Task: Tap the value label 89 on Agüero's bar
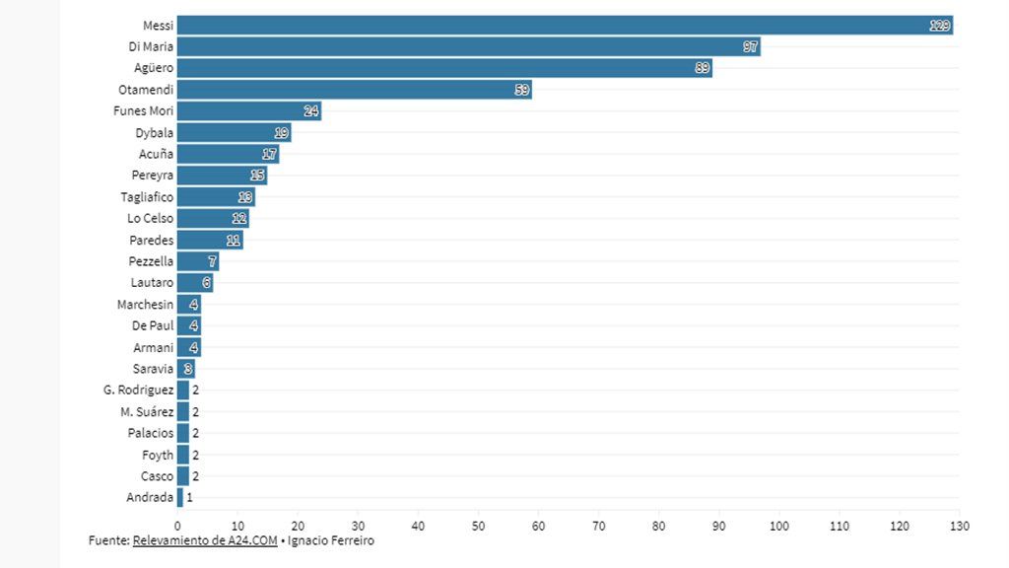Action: pyautogui.click(x=702, y=68)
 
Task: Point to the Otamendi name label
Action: pyautogui.click(x=146, y=90)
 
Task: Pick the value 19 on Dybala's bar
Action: pyautogui.click(x=282, y=133)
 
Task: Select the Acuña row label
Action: pyautogui.click(x=156, y=155)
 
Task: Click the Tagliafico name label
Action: pyautogui.click(x=147, y=197)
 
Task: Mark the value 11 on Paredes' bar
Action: pyautogui.click(x=234, y=241)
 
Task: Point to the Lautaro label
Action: pyautogui.click(x=152, y=283)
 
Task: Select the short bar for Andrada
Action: pyautogui.click(x=180, y=498)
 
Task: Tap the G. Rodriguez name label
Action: pyautogui.click(x=138, y=390)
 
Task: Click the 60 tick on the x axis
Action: pyautogui.click(x=538, y=527)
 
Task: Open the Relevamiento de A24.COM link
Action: pyautogui.click(x=204, y=540)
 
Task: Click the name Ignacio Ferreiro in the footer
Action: pyautogui.click(x=330, y=540)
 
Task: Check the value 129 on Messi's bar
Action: pyautogui.click(x=940, y=26)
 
